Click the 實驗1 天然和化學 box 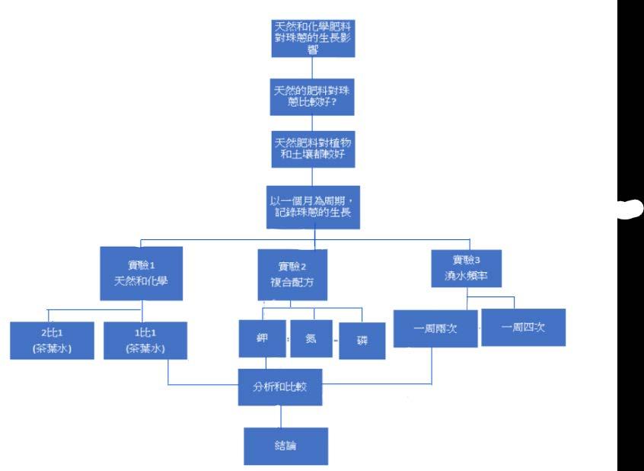click(x=141, y=274)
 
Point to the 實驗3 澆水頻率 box click(x=465, y=270)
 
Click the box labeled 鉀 click(x=262, y=335)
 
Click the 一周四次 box click(x=523, y=327)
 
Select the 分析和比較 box click(x=282, y=386)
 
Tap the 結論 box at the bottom click(x=285, y=446)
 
